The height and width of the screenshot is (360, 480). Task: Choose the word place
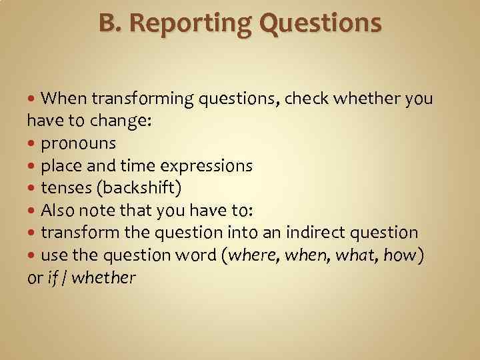click(x=59, y=166)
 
